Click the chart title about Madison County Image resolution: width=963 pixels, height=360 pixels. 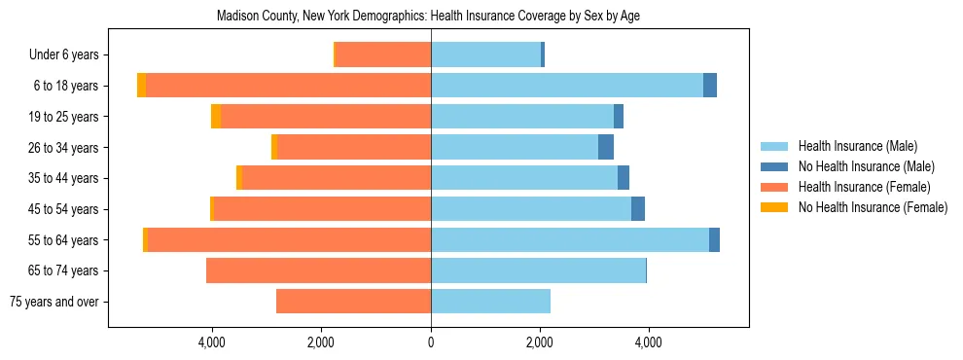point(428,17)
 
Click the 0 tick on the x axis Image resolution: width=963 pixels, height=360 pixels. point(431,342)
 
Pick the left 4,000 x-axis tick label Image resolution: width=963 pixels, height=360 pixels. point(212,342)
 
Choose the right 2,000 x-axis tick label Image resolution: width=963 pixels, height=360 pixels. point(540,342)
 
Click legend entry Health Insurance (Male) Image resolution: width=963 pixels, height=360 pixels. point(857,146)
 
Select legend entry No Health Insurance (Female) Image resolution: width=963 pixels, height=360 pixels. point(873,207)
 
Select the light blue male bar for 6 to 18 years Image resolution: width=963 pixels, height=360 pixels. point(566,86)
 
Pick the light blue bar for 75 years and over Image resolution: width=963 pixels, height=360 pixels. point(490,302)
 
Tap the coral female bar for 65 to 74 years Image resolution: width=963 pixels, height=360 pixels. point(318,270)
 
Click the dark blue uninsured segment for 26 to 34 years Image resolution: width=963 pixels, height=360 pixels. point(606,148)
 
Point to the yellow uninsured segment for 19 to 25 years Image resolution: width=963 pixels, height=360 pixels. point(216,117)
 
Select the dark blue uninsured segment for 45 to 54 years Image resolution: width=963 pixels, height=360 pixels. point(638,209)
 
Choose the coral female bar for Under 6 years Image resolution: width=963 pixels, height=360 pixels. point(383,55)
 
